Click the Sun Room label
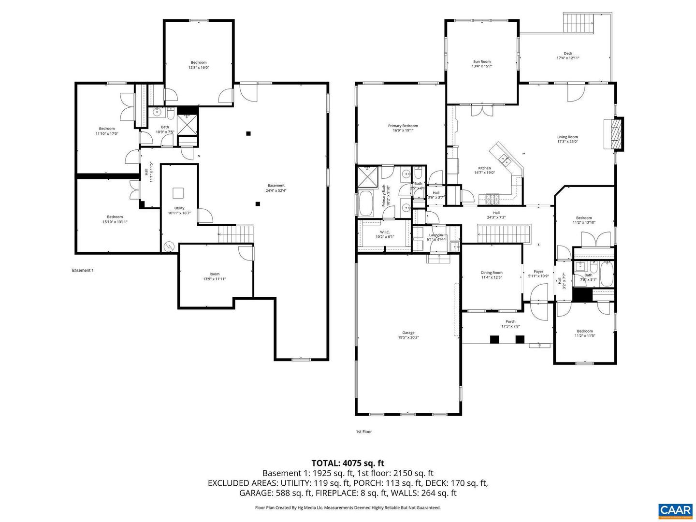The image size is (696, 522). coord(481,62)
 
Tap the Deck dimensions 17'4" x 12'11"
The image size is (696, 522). coord(568,58)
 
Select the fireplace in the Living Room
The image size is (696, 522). coord(615,134)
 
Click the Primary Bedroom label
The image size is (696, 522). coord(403,126)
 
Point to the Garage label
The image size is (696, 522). coord(408,333)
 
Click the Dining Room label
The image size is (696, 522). coord(492,273)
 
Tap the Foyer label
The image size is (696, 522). coord(538,272)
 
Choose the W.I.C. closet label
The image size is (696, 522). coord(385,232)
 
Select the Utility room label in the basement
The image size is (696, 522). coord(179,208)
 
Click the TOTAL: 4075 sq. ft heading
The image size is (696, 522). coord(348,464)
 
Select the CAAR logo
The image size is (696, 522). coord(675,510)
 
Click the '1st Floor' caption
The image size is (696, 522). coord(364,432)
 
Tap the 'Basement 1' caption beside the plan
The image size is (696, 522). coord(83,270)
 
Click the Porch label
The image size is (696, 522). coord(510,322)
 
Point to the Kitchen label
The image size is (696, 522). coord(484,169)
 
